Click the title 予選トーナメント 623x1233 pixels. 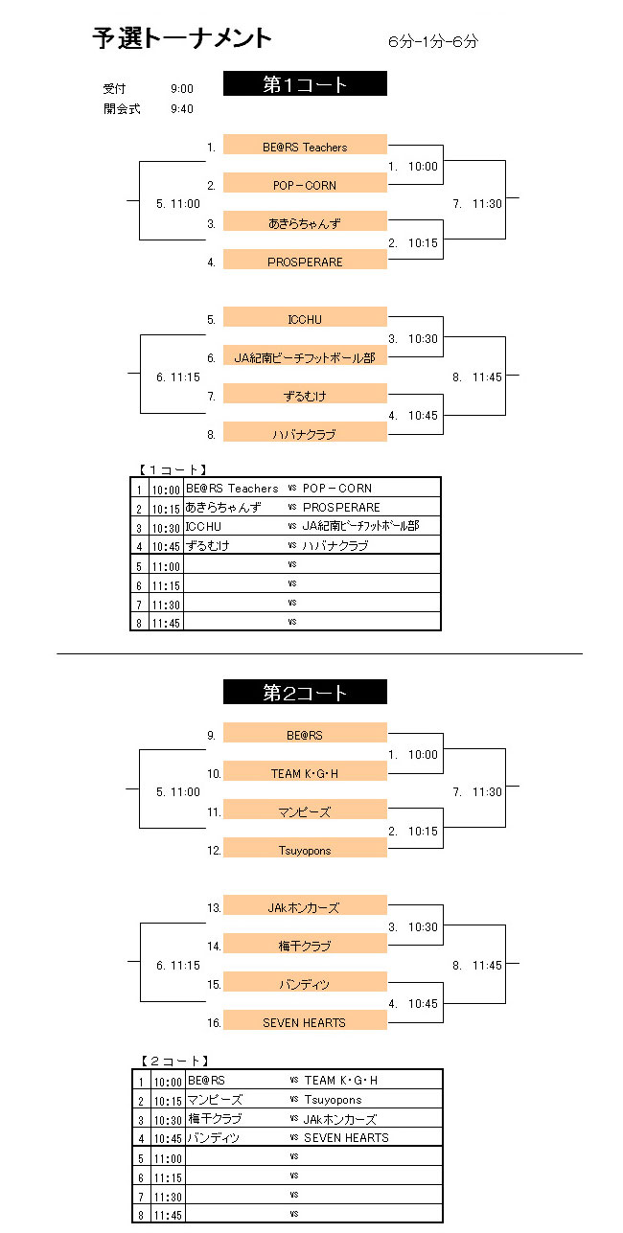[x=182, y=38]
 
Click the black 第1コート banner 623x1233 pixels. [x=305, y=84]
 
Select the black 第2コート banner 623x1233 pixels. [x=305, y=692]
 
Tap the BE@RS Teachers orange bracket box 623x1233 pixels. [x=305, y=146]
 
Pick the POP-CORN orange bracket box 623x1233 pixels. [x=305, y=184]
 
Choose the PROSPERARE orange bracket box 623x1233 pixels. [x=305, y=261]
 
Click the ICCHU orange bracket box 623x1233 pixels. [x=305, y=318]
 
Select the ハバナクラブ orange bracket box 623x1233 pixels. [x=305, y=433]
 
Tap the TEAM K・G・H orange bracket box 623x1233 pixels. [x=305, y=772]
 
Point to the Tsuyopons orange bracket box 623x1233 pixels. [x=305, y=849]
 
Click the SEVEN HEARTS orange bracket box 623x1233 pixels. [x=305, y=1021]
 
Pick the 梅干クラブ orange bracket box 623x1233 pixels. [x=305, y=945]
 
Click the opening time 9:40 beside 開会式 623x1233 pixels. [x=181, y=108]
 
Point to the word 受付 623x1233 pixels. [x=114, y=88]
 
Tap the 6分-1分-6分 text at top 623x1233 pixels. [x=433, y=41]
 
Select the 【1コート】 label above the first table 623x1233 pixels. [x=171, y=469]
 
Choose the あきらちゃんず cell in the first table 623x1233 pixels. [x=223, y=507]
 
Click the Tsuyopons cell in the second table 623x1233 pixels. [x=333, y=1099]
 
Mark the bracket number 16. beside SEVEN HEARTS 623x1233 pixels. [x=214, y=1022]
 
